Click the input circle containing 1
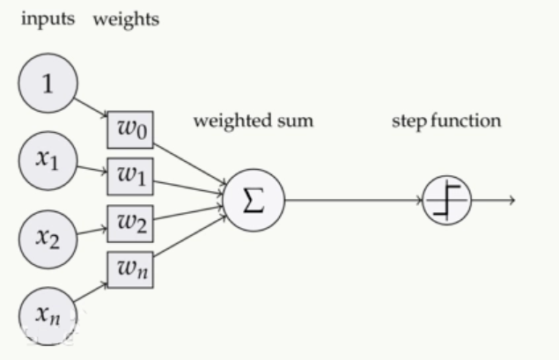(x=48, y=84)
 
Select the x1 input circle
(x=48, y=160)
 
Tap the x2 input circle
(x=48, y=235)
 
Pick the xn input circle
(x=48, y=311)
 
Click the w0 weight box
(x=131, y=131)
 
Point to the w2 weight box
(x=131, y=222)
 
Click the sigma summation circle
(x=253, y=200)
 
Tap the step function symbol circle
(x=447, y=200)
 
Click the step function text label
(x=446, y=121)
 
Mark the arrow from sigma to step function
(x=352, y=200)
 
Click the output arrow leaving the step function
(x=493, y=200)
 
